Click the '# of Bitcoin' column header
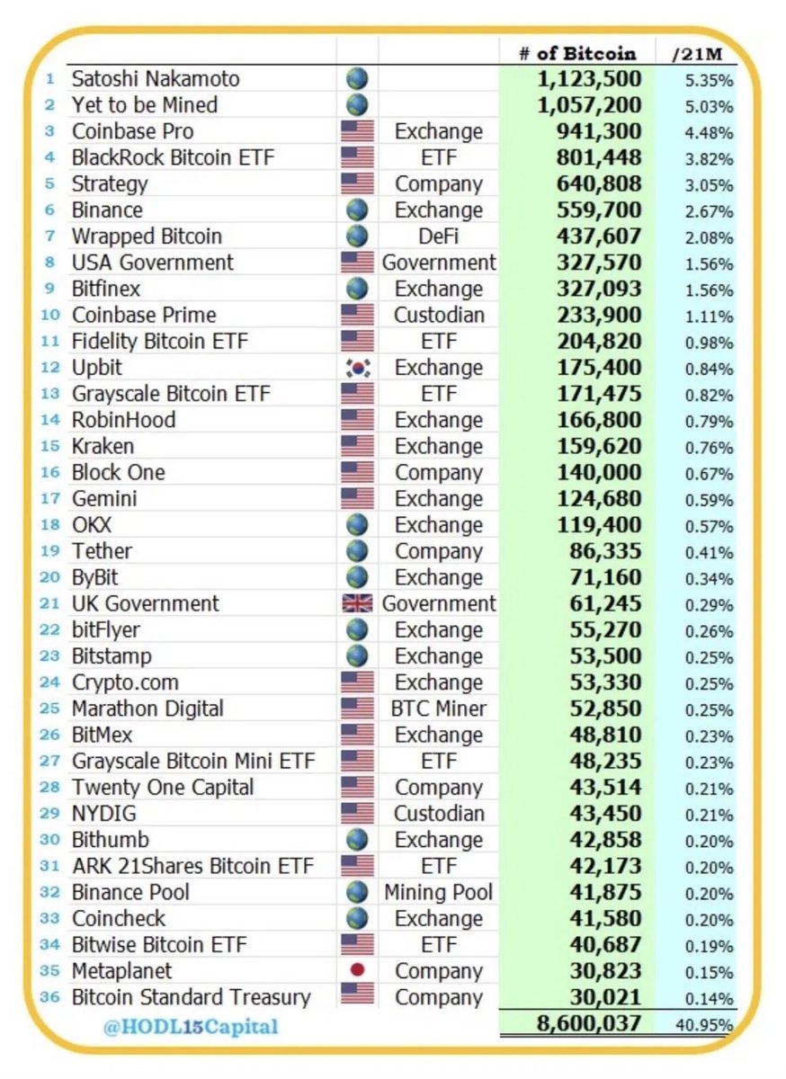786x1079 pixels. click(577, 53)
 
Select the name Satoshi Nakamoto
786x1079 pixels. click(156, 79)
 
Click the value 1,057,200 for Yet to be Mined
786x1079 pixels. click(590, 105)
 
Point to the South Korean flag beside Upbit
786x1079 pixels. click(357, 368)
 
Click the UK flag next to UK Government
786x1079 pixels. click(357, 604)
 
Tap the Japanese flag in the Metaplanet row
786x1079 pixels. click(357, 972)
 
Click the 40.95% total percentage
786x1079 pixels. click(706, 1025)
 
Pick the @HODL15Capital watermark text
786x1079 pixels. click(191, 1026)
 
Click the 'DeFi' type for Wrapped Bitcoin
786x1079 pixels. click(438, 236)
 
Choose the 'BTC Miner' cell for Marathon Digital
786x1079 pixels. click(438, 709)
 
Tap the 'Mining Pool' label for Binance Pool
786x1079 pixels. click(438, 893)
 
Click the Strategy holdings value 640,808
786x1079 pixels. click(596, 184)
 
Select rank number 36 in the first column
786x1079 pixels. click(51, 998)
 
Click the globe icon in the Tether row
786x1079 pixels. click(357, 551)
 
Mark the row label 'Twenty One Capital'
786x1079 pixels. click(163, 788)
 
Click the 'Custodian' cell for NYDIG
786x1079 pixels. click(438, 814)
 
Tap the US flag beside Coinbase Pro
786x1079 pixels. click(357, 132)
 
